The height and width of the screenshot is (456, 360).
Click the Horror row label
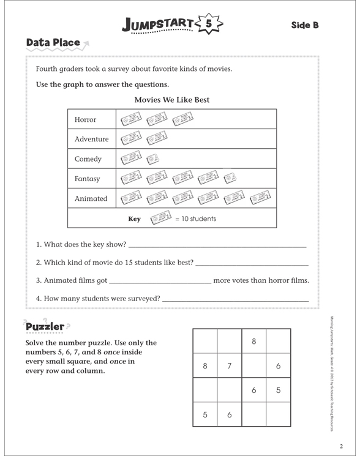point(85,119)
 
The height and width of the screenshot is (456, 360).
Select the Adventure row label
point(91,139)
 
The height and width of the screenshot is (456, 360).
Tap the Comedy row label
point(88,159)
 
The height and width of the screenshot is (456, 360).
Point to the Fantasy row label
point(88,179)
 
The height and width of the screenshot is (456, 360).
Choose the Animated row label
point(91,198)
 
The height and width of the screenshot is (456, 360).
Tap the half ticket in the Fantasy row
point(229,179)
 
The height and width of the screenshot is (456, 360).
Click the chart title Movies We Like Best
point(171,100)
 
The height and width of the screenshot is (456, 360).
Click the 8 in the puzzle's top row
point(253,341)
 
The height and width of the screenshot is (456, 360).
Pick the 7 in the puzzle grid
point(229,366)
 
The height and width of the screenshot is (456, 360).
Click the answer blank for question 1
point(217,245)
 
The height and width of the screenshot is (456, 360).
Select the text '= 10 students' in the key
point(195,219)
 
